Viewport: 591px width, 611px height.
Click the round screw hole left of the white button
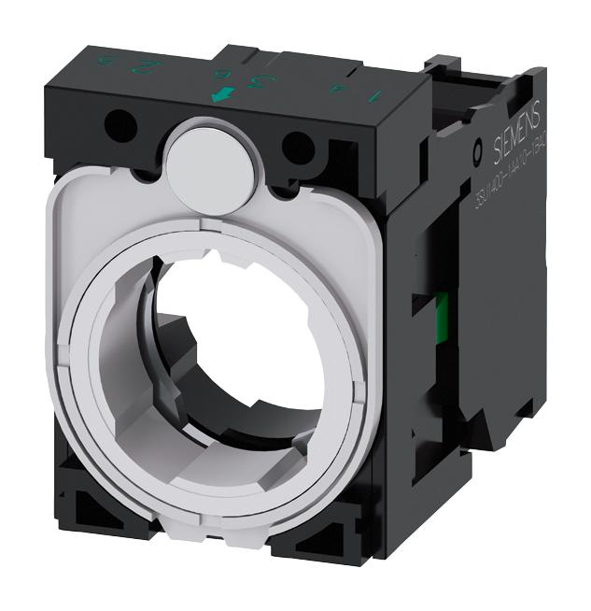[x=118, y=122]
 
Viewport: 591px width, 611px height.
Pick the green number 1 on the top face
[x=376, y=93]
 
